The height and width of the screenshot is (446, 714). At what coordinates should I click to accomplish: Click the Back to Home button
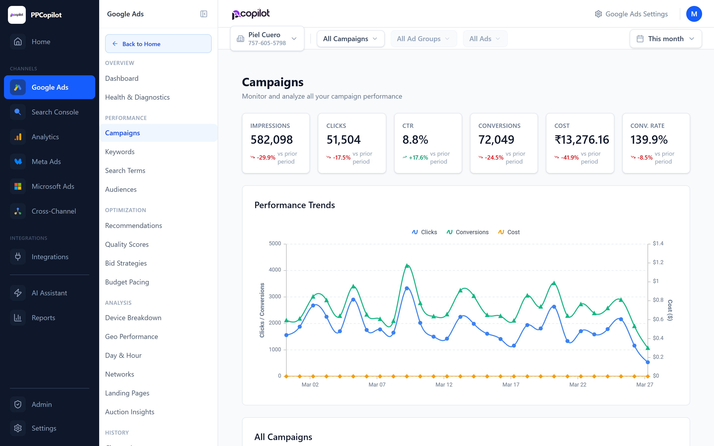158,44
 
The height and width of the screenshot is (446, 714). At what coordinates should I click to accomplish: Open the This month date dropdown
665,39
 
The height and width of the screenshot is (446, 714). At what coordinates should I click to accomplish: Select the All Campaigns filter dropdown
350,39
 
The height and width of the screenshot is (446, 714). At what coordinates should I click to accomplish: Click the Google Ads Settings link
631,14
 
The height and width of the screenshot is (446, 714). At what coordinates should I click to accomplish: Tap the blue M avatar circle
694,14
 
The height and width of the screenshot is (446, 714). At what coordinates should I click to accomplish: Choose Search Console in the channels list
55,112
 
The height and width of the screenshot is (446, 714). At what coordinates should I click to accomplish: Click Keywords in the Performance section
120,152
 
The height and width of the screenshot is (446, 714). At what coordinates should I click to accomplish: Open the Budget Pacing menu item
127,282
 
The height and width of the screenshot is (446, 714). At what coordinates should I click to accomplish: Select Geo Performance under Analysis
131,336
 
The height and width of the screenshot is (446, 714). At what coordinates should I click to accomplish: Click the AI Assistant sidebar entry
49,293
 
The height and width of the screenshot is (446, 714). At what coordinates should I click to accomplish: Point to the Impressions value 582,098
271,139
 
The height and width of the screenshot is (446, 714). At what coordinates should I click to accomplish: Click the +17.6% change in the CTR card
418,158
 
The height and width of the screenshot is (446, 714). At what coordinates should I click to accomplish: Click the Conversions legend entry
468,232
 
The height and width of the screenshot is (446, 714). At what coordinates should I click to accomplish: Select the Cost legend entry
509,232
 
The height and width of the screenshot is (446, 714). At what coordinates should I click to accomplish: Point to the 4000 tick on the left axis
275,270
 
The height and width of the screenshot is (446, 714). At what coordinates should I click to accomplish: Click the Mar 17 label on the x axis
511,385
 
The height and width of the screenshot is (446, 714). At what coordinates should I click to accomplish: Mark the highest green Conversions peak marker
407,266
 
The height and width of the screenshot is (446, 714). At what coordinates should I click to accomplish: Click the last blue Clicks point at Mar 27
648,362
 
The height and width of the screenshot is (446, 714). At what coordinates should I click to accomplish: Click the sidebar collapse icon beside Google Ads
204,14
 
